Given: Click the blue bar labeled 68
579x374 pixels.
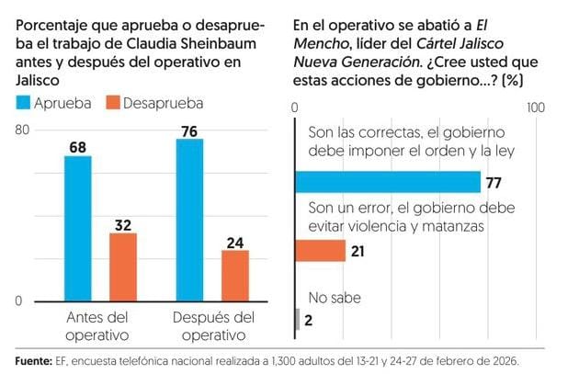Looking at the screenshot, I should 77,229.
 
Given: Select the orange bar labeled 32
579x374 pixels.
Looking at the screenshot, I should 122,267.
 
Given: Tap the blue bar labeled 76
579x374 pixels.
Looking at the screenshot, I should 188,221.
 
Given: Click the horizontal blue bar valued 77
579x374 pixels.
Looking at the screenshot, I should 387,181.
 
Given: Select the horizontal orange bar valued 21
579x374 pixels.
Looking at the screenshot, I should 319,251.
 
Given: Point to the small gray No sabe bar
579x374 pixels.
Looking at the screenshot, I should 296,319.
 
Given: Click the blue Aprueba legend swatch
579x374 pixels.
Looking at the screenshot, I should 23,103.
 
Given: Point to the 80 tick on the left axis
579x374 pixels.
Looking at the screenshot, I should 23,130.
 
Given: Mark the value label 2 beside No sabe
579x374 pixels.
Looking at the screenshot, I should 310,320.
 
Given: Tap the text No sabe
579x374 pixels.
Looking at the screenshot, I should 335,297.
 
